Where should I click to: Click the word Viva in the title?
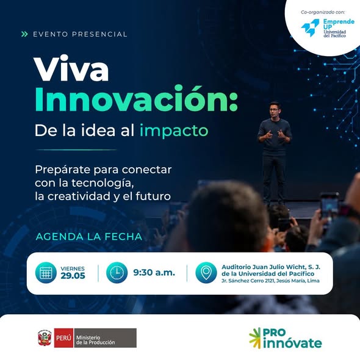(x=71, y=68)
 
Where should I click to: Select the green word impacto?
(x=174, y=131)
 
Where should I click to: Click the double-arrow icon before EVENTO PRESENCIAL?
(x=24, y=34)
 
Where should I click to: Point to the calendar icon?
(x=46, y=273)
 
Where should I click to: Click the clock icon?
(x=117, y=273)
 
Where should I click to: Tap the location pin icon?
(x=206, y=273)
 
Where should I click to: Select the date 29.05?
(x=73, y=276)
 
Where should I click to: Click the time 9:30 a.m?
(x=154, y=273)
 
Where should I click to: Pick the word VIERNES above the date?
(x=73, y=268)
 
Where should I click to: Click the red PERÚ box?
(x=63, y=338)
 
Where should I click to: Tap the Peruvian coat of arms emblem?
(x=45, y=338)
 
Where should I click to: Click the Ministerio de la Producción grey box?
(x=105, y=338)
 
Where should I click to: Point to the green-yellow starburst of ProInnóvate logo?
(x=255, y=338)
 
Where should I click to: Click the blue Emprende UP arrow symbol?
(x=310, y=27)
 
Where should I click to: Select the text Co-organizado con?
(x=323, y=12)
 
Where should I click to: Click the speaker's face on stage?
(x=275, y=110)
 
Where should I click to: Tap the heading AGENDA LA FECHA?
(x=89, y=237)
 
